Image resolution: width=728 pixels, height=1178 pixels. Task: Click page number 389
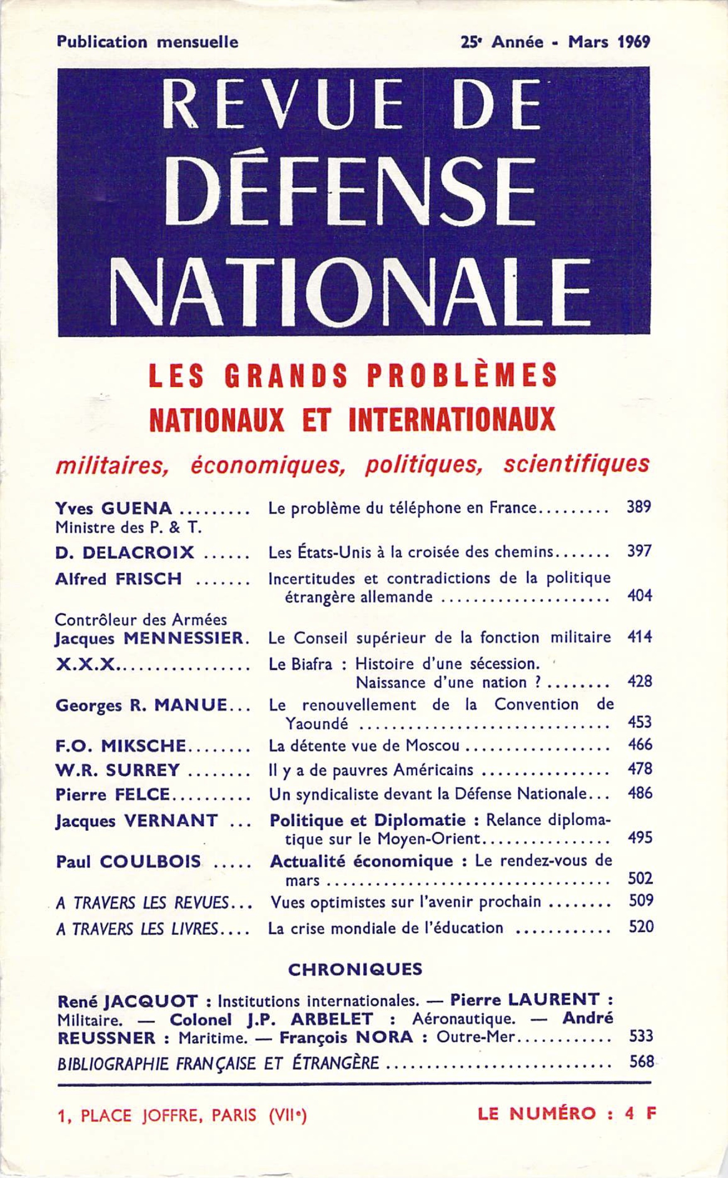[639, 507]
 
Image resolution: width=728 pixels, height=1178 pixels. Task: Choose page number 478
[640, 769]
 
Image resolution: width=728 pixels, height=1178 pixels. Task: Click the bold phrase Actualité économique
[361, 861]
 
